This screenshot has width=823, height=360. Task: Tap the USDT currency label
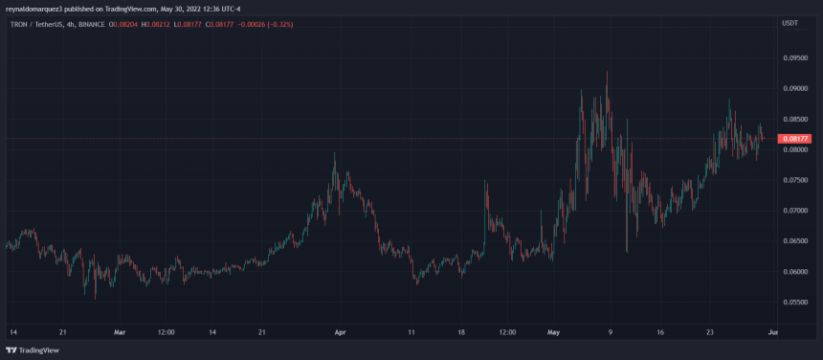pos(790,22)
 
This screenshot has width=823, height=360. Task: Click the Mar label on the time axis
pos(120,332)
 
